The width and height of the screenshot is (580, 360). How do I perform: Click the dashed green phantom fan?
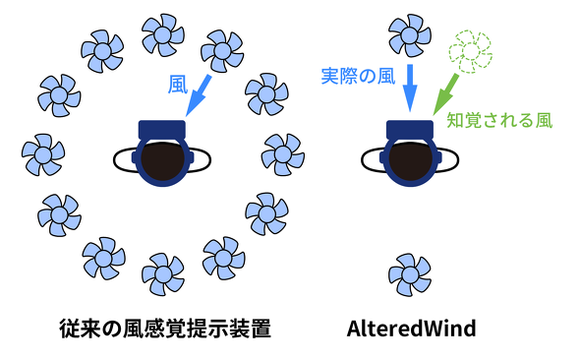pyautogui.click(x=470, y=52)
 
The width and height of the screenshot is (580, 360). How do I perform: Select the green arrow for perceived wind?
pyautogui.click(x=445, y=94)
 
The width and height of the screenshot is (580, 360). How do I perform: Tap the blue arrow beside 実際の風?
pyautogui.click(x=410, y=89)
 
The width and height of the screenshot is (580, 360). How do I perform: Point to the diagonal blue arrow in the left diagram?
pyautogui.click(x=199, y=95)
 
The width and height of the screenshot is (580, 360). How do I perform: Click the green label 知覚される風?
pyautogui.click(x=499, y=121)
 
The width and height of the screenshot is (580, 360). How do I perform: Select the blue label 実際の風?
pyautogui.click(x=358, y=76)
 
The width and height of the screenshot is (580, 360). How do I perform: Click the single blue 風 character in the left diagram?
pyautogui.click(x=178, y=85)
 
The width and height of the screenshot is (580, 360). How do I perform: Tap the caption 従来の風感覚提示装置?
pyautogui.click(x=165, y=329)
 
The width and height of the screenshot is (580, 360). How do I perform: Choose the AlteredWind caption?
pyautogui.click(x=411, y=329)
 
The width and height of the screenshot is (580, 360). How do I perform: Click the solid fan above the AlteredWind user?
pyautogui.click(x=410, y=35)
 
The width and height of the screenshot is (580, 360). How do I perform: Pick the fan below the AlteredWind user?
pyautogui.click(x=410, y=274)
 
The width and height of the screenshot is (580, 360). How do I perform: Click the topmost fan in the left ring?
pyautogui.click(x=163, y=35)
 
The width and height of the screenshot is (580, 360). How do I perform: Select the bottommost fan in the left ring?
pyautogui.click(x=163, y=274)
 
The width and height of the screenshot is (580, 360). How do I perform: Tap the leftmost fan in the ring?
pyautogui.click(x=43, y=154)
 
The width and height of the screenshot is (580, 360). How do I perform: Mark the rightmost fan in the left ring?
pyautogui.click(x=283, y=154)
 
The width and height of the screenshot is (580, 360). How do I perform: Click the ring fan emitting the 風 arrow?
pyautogui.click(x=222, y=51)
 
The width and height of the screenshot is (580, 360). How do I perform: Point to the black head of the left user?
pyautogui.click(x=163, y=159)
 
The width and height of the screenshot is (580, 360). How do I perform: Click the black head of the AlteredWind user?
pyautogui.click(x=411, y=159)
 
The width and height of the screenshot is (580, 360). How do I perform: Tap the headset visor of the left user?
pyautogui.click(x=162, y=130)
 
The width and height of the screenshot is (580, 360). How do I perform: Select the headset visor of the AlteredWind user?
pyautogui.click(x=410, y=130)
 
